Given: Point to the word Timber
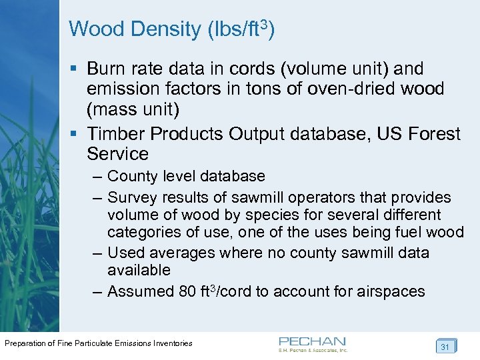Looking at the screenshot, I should [116, 133].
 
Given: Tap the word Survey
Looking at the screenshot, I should [131, 197].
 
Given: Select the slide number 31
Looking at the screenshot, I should [445, 347].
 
